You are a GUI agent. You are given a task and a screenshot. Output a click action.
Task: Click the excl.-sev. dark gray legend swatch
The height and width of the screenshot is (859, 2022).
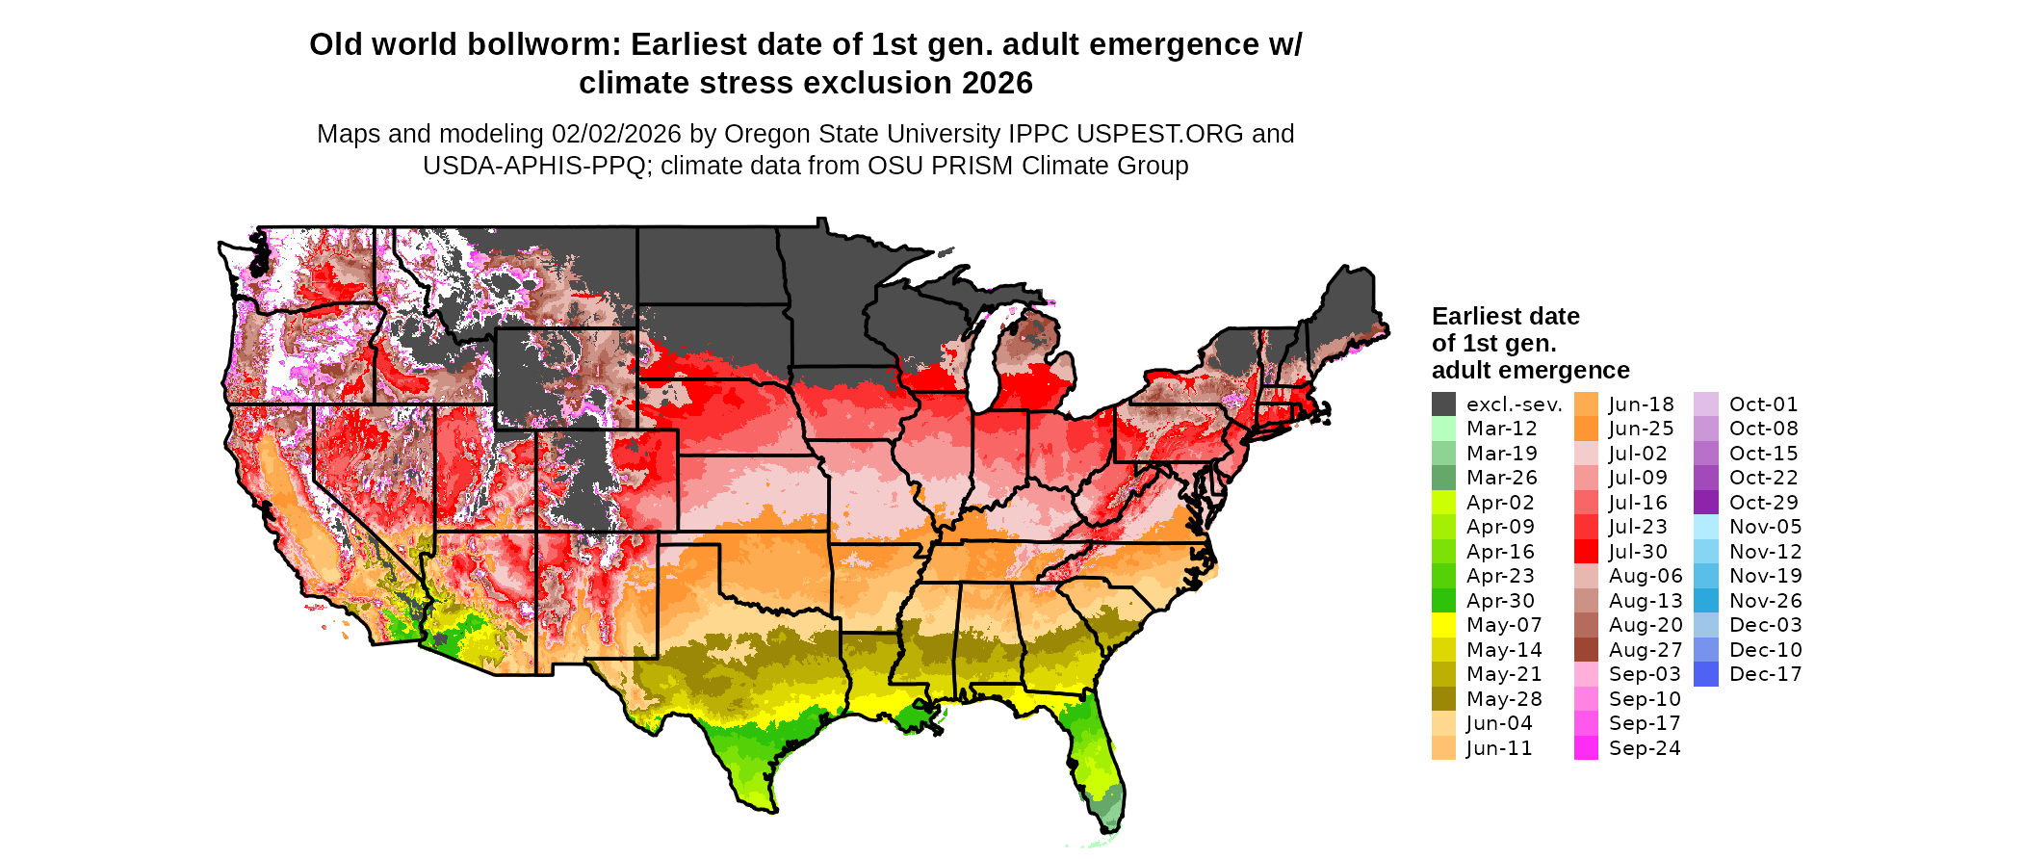1443,404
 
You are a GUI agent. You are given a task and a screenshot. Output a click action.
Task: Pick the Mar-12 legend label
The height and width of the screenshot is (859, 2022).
1501,429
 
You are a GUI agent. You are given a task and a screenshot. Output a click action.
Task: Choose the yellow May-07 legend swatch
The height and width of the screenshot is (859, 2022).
1443,625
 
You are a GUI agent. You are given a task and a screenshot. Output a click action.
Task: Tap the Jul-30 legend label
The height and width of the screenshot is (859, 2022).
1638,552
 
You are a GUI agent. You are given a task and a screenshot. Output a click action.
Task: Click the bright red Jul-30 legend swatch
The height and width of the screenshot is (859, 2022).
1586,552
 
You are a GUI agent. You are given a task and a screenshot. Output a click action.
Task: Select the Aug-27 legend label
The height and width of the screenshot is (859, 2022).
1646,650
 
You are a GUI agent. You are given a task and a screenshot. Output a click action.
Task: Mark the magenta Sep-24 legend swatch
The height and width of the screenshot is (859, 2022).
1586,748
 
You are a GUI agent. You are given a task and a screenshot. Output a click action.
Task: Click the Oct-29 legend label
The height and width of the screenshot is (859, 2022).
1763,503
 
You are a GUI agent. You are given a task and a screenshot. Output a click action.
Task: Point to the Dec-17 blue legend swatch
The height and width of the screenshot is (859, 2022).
1705,674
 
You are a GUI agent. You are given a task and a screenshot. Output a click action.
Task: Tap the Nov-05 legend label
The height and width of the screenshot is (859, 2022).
1765,527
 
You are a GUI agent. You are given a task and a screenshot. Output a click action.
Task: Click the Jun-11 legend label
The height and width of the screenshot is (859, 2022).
1499,748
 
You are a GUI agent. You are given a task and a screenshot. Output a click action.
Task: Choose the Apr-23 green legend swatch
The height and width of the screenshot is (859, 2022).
1443,576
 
